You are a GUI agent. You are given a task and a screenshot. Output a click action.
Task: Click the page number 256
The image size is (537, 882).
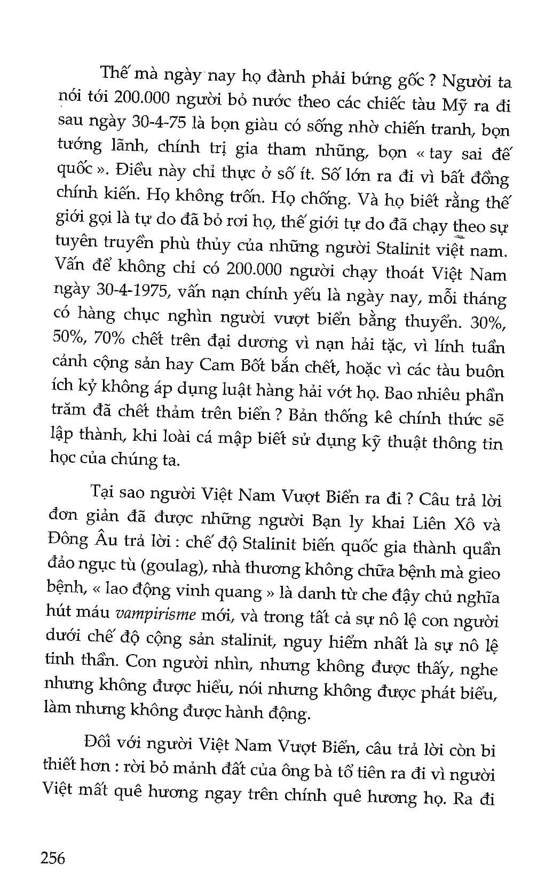click(x=52, y=857)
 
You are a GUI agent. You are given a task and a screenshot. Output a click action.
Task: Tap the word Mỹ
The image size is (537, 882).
click(x=455, y=104)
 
